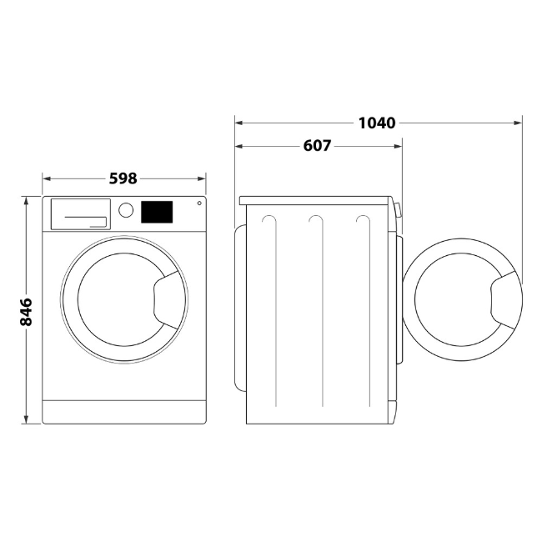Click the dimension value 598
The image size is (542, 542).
[x=123, y=178]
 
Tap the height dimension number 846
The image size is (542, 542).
[x=26, y=311]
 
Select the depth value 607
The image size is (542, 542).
[x=317, y=146]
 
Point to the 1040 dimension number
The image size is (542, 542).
[x=376, y=123]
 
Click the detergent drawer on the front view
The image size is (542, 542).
[x=80, y=213]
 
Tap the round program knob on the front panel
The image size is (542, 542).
[x=126, y=210]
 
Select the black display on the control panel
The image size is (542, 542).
[x=157, y=212]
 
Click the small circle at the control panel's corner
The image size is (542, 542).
[x=199, y=203]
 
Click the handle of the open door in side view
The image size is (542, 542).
[x=505, y=299]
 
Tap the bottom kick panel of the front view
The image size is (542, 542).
[x=123, y=411]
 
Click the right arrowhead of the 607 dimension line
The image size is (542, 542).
[x=399, y=146]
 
